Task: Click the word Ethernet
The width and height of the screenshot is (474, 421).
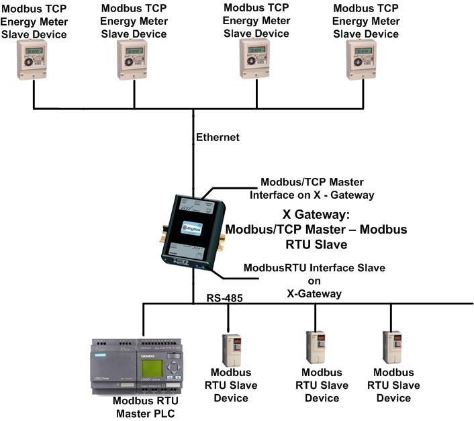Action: click(x=218, y=138)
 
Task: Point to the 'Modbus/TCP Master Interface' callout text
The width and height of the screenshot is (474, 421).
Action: click(x=318, y=188)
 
